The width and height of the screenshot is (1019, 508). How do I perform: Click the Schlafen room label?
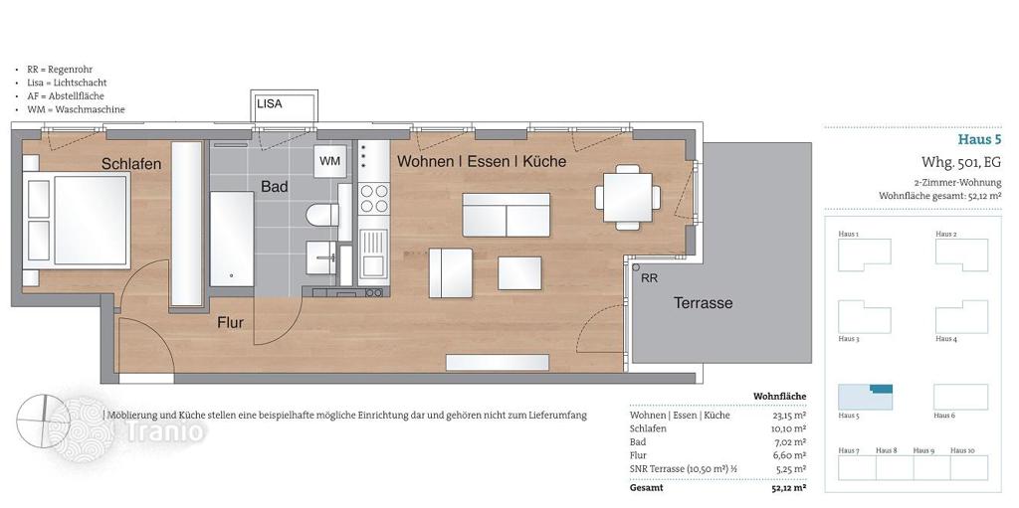130,164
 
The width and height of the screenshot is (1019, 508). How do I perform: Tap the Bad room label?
275,187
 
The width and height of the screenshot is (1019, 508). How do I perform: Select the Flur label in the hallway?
230,322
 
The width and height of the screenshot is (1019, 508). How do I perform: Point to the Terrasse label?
703,303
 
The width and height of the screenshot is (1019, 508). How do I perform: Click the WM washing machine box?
330,161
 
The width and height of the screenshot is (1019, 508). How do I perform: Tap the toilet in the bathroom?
322,215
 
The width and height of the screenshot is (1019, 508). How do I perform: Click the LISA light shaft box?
285,106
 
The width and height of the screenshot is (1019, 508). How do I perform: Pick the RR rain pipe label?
649,278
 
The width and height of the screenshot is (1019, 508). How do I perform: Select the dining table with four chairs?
628,197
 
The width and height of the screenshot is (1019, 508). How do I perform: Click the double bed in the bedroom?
75,221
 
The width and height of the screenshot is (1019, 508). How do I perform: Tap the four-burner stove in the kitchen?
374,198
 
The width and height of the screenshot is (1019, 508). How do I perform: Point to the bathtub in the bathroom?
231,239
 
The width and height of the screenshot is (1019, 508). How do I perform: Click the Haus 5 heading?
979,139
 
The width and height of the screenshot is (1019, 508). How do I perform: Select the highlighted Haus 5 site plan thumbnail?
865,397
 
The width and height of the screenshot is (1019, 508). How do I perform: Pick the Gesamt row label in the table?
647,488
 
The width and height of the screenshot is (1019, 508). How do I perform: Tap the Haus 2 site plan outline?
962,254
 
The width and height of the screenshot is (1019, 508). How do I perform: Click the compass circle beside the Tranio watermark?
43,422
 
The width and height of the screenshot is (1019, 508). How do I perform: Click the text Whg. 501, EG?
961,162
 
